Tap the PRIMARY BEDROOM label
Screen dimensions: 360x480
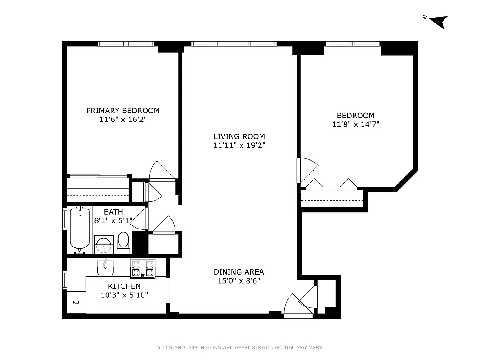(x=123, y=111)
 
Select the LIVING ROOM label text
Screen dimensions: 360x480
(x=239, y=136)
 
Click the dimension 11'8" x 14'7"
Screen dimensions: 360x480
(x=355, y=125)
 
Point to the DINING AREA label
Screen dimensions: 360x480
(x=238, y=272)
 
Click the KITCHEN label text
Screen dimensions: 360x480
(x=124, y=286)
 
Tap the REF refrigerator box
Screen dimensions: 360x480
(x=76, y=302)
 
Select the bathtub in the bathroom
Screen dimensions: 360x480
(x=80, y=229)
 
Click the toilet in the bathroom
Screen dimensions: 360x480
(x=123, y=242)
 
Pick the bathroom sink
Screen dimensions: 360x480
(x=104, y=245)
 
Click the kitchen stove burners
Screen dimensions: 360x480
(x=143, y=269)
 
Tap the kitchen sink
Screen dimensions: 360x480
(x=105, y=267)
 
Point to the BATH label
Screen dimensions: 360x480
(x=113, y=212)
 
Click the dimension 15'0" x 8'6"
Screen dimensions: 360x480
(x=238, y=281)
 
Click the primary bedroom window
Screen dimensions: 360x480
(x=126, y=44)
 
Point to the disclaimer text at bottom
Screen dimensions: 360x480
(x=240, y=347)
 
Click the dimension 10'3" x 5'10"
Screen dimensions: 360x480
(x=124, y=295)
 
